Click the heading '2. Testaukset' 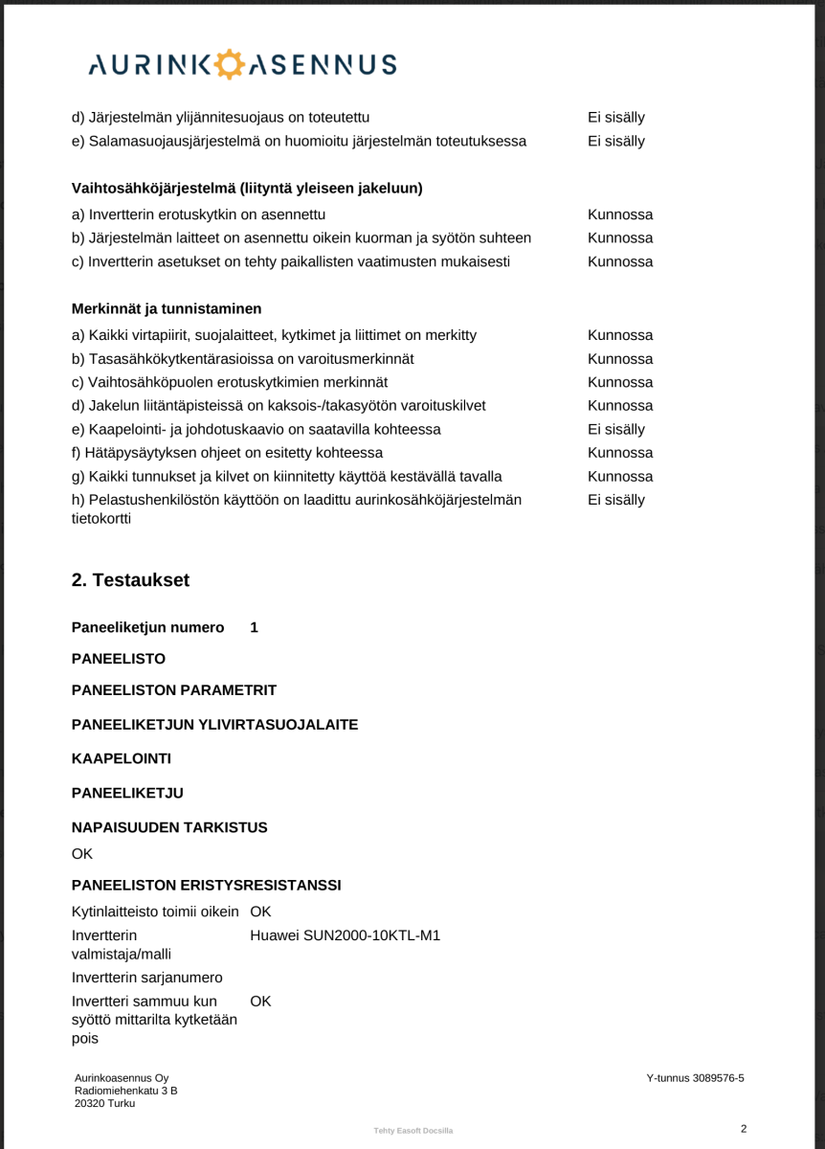pyautogui.click(x=130, y=580)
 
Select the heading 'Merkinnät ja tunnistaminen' pyautogui.click(x=167, y=309)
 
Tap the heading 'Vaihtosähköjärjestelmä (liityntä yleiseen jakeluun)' pyautogui.click(x=247, y=188)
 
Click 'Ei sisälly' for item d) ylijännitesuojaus pyautogui.click(x=615, y=118)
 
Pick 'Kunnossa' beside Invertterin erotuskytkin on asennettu pyautogui.click(x=620, y=214)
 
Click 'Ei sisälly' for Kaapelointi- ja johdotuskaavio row pyautogui.click(x=615, y=429)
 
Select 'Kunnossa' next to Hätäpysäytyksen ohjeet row pyautogui.click(x=620, y=453)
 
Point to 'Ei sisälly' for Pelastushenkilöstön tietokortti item pyautogui.click(x=615, y=500)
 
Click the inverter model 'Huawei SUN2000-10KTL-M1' pyautogui.click(x=345, y=935)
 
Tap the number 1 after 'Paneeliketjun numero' pyautogui.click(x=254, y=628)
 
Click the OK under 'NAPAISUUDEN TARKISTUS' pyautogui.click(x=82, y=852)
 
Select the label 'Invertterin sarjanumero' pyautogui.click(x=146, y=978)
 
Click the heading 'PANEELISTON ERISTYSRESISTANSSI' pyautogui.click(x=206, y=886)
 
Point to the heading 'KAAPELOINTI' pyautogui.click(x=122, y=759)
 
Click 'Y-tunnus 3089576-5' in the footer pyautogui.click(x=695, y=1078)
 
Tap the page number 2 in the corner pyautogui.click(x=743, y=1128)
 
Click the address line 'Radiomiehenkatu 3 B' pyautogui.click(x=125, y=1091)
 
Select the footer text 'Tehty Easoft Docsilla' pyautogui.click(x=413, y=1131)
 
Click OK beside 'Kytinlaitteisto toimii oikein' pyautogui.click(x=260, y=911)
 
